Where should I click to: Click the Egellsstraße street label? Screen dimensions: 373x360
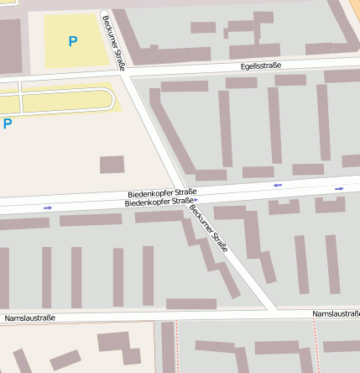[260, 66]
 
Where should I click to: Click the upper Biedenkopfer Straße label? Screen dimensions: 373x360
[162, 192]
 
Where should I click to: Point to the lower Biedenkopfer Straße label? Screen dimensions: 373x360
[159, 202]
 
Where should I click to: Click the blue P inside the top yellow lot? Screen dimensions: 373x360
[73, 40]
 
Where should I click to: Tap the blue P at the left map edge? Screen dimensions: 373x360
[8, 123]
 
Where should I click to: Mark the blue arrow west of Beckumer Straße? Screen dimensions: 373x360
[48, 208]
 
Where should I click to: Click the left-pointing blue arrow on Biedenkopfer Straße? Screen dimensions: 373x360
[277, 185]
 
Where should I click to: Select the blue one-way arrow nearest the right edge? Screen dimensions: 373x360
[339, 189]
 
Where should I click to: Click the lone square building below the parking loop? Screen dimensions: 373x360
[112, 165]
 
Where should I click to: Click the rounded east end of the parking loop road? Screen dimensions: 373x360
[110, 101]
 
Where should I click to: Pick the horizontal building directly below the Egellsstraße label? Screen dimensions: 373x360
[242, 82]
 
